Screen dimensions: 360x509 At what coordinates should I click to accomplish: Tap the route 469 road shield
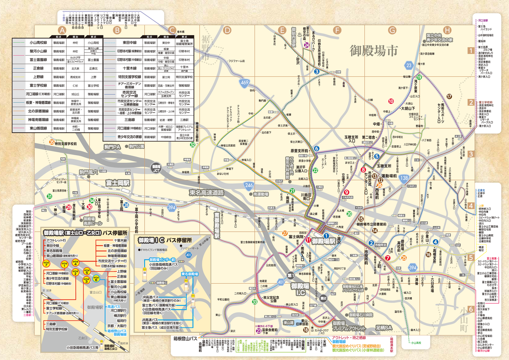(x=244, y=83)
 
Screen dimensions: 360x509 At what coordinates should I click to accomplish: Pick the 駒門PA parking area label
(x=112, y=147)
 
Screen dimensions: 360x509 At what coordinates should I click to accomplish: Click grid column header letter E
(x=282, y=31)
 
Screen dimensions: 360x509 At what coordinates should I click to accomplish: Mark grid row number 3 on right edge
(x=470, y=154)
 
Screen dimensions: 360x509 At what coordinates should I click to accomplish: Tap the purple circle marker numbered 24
(x=306, y=45)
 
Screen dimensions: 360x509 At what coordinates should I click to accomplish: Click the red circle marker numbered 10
(x=391, y=101)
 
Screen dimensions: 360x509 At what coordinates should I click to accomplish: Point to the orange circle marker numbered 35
(x=52, y=142)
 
